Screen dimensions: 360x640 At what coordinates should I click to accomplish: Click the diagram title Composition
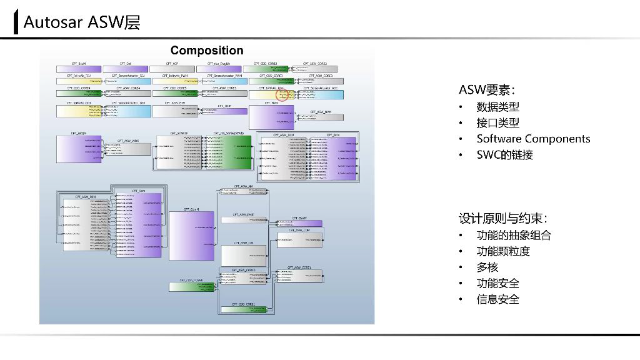click(207, 51)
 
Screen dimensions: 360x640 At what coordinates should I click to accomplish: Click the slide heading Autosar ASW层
click(81, 22)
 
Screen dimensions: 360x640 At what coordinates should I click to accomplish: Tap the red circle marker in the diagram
click(284, 95)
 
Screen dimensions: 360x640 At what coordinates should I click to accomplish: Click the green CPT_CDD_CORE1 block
click(243, 309)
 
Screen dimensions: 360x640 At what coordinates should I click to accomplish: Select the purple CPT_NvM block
click(271, 117)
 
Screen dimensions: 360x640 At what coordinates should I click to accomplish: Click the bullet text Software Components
click(533, 139)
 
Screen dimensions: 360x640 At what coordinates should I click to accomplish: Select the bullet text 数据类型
click(497, 107)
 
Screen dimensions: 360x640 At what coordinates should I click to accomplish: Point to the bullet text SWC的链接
click(504, 155)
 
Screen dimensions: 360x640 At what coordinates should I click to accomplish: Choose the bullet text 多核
click(487, 267)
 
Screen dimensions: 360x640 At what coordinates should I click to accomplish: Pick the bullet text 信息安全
click(497, 299)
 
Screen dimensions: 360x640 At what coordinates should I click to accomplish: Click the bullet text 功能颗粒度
click(503, 251)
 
